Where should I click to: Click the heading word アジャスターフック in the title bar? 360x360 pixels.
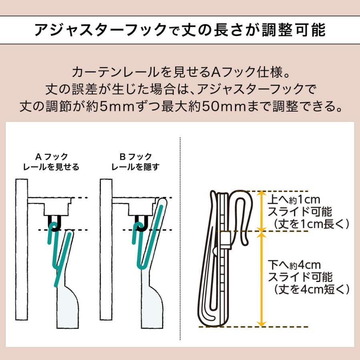click(x=100, y=30)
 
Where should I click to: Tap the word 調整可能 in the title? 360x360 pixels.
click(x=294, y=30)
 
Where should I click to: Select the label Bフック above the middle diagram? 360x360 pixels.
click(x=136, y=157)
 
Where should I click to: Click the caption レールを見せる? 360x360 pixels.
click(x=51, y=167)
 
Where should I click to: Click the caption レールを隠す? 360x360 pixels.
click(x=136, y=167)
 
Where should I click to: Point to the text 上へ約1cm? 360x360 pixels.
click(x=294, y=200)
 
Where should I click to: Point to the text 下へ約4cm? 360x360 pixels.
click(x=294, y=265)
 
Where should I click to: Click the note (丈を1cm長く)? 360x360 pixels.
click(x=312, y=224)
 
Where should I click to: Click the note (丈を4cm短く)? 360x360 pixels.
click(x=312, y=289)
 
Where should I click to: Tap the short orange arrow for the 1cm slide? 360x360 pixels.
click(x=261, y=211)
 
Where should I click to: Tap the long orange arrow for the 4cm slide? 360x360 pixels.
click(x=261, y=279)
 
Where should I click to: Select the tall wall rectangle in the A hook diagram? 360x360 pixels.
click(x=22, y=249)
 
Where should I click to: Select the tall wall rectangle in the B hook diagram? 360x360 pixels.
click(x=106, y=249)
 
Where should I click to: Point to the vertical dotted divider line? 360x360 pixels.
click(x=180, y=239)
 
